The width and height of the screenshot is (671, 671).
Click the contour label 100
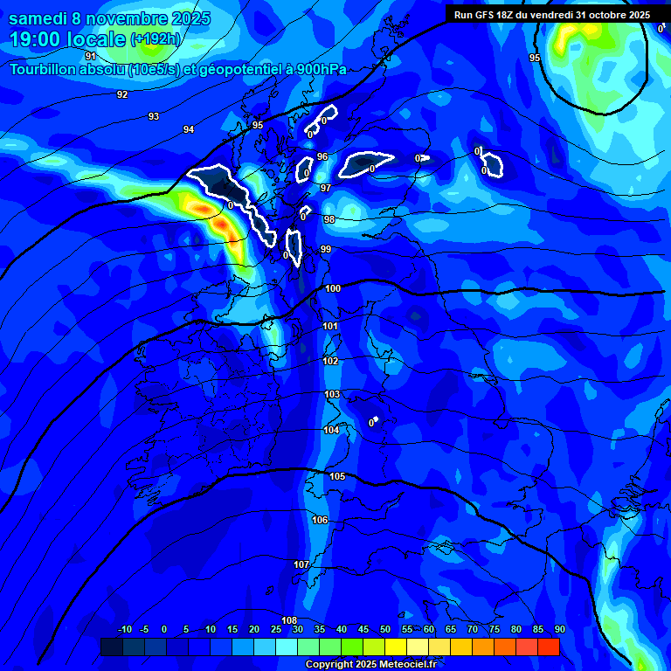333,288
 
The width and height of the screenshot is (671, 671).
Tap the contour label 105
337,476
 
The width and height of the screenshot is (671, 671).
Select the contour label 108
289,620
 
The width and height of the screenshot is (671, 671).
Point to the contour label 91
91,56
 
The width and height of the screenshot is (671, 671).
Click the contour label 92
122,94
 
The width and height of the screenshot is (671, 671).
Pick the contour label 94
189,129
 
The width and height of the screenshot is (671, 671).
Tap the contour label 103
332,395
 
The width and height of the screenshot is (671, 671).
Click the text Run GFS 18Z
483,15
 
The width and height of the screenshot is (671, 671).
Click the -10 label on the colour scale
124,629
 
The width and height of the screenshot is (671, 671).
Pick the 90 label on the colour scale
559,629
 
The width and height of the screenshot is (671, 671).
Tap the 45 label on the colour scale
363,629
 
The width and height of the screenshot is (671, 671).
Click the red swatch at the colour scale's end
549,647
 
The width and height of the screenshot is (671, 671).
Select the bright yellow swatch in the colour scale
396,647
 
